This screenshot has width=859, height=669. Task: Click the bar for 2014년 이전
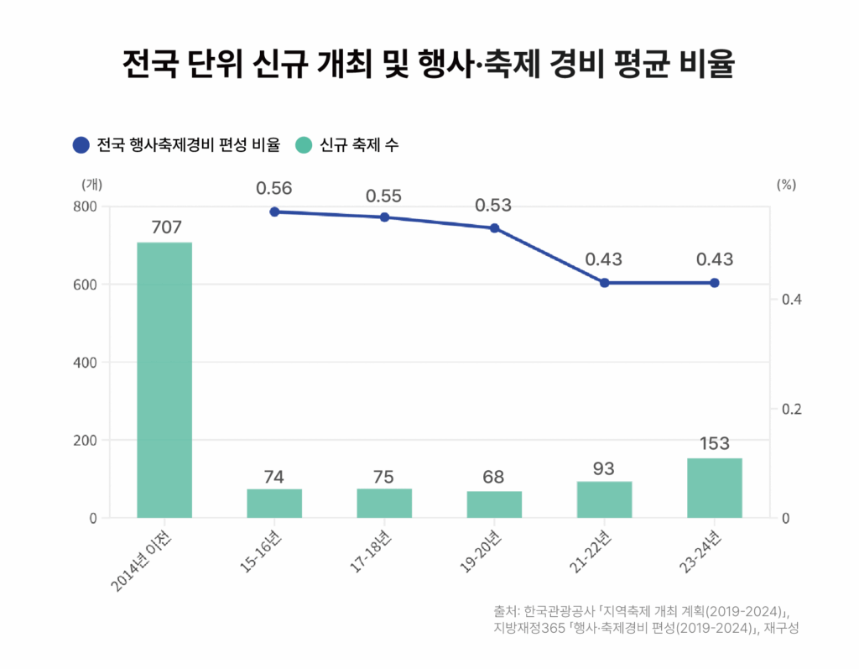(x=164, y=379)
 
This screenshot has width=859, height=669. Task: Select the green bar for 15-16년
(x=274, y=503)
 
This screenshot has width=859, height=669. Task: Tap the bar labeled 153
(x=714, y=488)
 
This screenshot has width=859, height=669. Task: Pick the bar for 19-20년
(x=494, y=504)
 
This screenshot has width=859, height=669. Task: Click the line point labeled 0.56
(x=274, y=212)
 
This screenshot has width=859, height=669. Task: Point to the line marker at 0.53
(x=494, y=228)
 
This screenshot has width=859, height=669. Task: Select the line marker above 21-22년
(x=604, y=283)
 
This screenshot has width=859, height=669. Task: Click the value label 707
(x=166, y=227)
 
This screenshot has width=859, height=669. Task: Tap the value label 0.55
(x=384, y=196)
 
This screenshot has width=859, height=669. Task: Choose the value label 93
(x=604, y=467)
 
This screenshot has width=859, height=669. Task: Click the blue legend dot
(x=81, y=144)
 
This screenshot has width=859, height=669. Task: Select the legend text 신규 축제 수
(x=359, y=145)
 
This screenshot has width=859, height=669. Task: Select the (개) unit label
(x=91, y=184)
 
